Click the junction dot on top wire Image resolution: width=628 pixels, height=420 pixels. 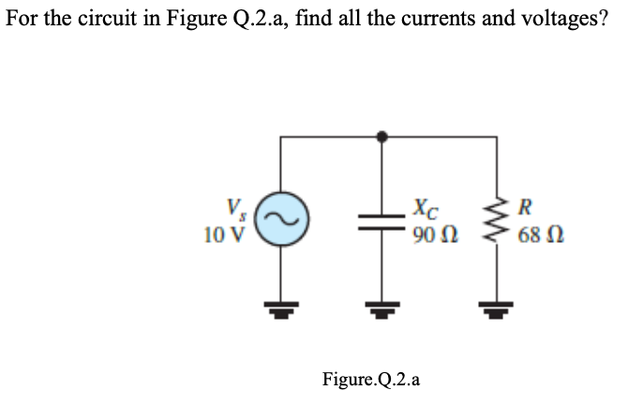pyautogui.click(x=381, y=138)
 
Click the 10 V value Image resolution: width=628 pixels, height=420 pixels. pyautogui.click(x=227, y=230)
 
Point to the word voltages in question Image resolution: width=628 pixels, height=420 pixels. pyautogui.click(x=559, y=20)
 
